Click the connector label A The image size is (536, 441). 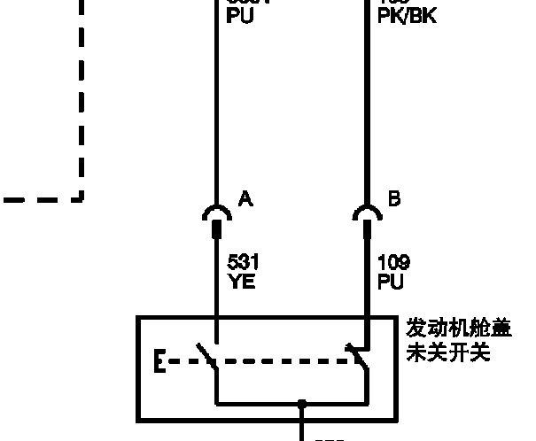coord(245,199)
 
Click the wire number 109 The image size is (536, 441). coord(392,263)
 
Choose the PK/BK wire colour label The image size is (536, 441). coord(407,15)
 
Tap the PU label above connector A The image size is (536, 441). coord(240,15)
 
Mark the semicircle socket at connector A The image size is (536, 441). coord(216,213)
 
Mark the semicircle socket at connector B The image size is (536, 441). coord(367,213)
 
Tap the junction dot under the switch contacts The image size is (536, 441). coord(302,403)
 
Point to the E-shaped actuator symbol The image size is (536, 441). coord(160,362)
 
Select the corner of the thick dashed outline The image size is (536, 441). coord(82,198)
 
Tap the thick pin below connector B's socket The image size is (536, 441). coord(367,232)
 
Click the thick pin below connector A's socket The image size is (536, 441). coord(216,232)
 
